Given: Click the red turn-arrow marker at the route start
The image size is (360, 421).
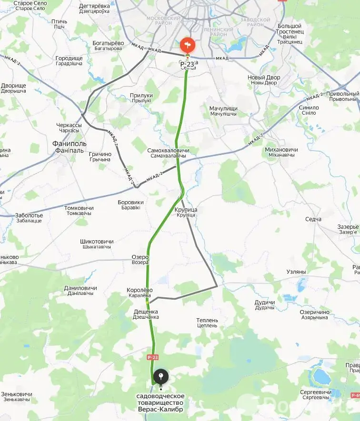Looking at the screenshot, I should [188, 46].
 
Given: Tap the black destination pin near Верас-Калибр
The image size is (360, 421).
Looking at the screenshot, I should [161, 378].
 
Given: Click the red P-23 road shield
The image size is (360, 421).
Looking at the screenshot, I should [153, 357].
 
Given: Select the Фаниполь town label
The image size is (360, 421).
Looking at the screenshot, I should [70, 144].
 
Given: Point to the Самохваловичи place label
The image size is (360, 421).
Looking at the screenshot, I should [169, 150].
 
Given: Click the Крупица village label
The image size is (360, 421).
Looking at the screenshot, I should [186, 210].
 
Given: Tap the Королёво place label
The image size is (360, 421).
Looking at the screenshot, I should [140, 290].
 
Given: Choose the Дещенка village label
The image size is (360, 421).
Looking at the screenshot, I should [146, 312].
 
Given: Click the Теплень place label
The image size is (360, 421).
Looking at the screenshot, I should [207, 321].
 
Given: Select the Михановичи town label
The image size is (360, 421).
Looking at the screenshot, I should [281, 149].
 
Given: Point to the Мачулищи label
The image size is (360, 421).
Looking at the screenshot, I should [223, 108].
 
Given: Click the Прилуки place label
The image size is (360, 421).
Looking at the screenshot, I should [141, 96].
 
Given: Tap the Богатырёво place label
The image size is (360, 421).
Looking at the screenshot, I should [108, 43].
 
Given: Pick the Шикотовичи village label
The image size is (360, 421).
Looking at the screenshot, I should [97, 242].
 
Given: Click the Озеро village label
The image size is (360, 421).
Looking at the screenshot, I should [140, 257].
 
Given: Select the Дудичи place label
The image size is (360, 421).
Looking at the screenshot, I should [265, 303].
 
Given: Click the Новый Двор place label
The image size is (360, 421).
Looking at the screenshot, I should [264, 77].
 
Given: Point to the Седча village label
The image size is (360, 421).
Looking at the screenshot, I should [313, 219].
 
